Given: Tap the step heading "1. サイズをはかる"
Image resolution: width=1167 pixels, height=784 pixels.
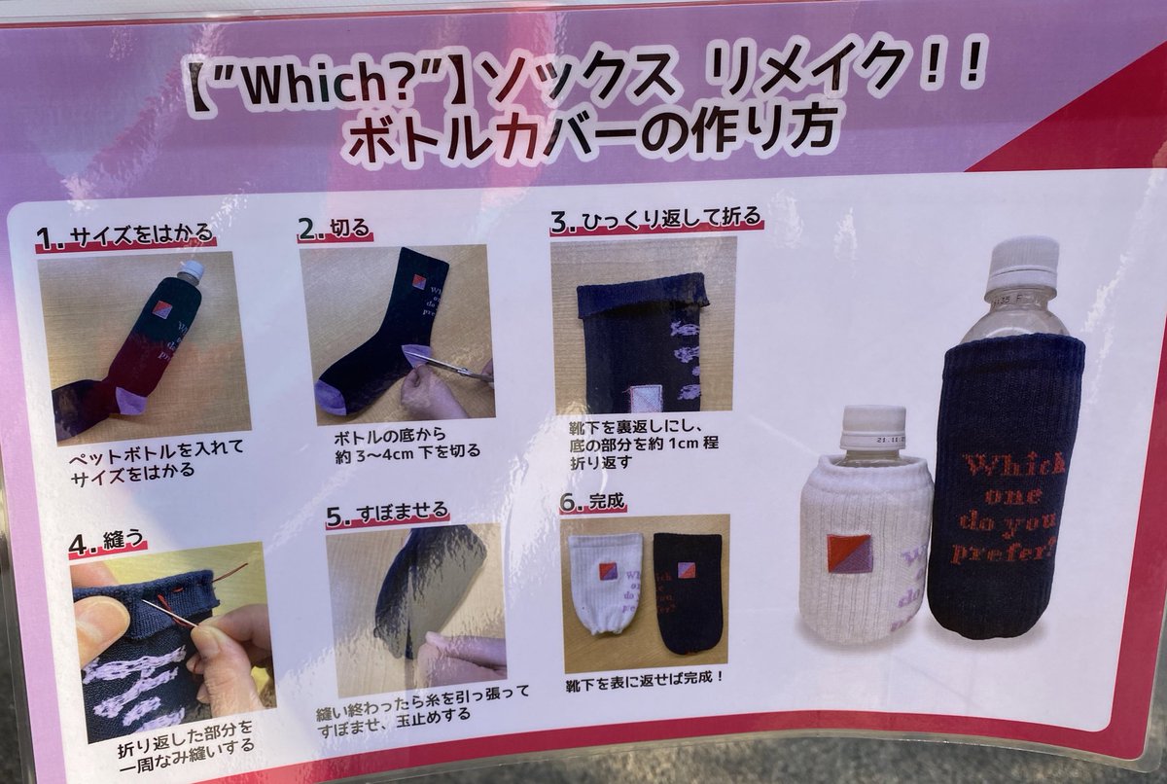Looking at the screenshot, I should [x=124, y=236].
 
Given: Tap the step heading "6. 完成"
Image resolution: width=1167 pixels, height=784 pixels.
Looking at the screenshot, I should [x=594, y=503].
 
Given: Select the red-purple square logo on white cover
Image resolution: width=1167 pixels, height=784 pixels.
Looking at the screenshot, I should [x=849, y=552].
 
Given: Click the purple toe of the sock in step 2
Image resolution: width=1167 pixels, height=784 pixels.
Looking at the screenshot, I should [x=337, y=398].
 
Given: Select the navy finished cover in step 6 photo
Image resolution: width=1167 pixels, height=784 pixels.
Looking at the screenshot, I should [x=688, y=588].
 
